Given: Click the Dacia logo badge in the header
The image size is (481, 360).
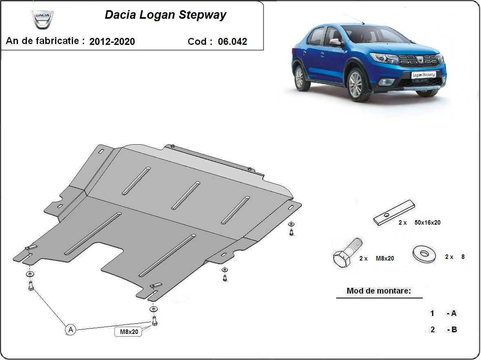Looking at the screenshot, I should click(x=42, y=19).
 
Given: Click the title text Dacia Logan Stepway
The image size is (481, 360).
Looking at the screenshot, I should click(x=165, y=15).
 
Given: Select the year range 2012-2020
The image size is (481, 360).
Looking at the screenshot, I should click(x=112, y=41).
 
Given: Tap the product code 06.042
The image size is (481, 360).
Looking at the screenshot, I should click(x=232, y=41).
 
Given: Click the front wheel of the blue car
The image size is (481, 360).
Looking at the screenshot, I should click(x=355, y=84).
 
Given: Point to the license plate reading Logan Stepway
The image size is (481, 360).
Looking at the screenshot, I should click(x=423, y=75).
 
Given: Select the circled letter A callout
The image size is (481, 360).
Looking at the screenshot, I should click(x=71, y=329).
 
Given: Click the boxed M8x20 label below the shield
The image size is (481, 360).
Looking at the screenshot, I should click(x=129, y=332).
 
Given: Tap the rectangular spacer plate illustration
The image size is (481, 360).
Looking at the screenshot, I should click(x=394, y=213).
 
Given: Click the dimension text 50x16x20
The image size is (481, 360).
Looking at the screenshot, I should click(x=427, y=223).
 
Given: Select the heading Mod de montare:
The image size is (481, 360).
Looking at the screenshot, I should click(x=379, y=291).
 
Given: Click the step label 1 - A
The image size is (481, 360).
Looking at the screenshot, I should click(x=443, y=314).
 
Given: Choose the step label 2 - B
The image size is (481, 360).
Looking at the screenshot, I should click(x=443, y=329).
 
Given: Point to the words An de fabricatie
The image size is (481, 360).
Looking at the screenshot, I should click(x=45, y=41).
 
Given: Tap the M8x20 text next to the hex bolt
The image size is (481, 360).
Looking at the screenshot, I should click(x=384, y=258).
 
